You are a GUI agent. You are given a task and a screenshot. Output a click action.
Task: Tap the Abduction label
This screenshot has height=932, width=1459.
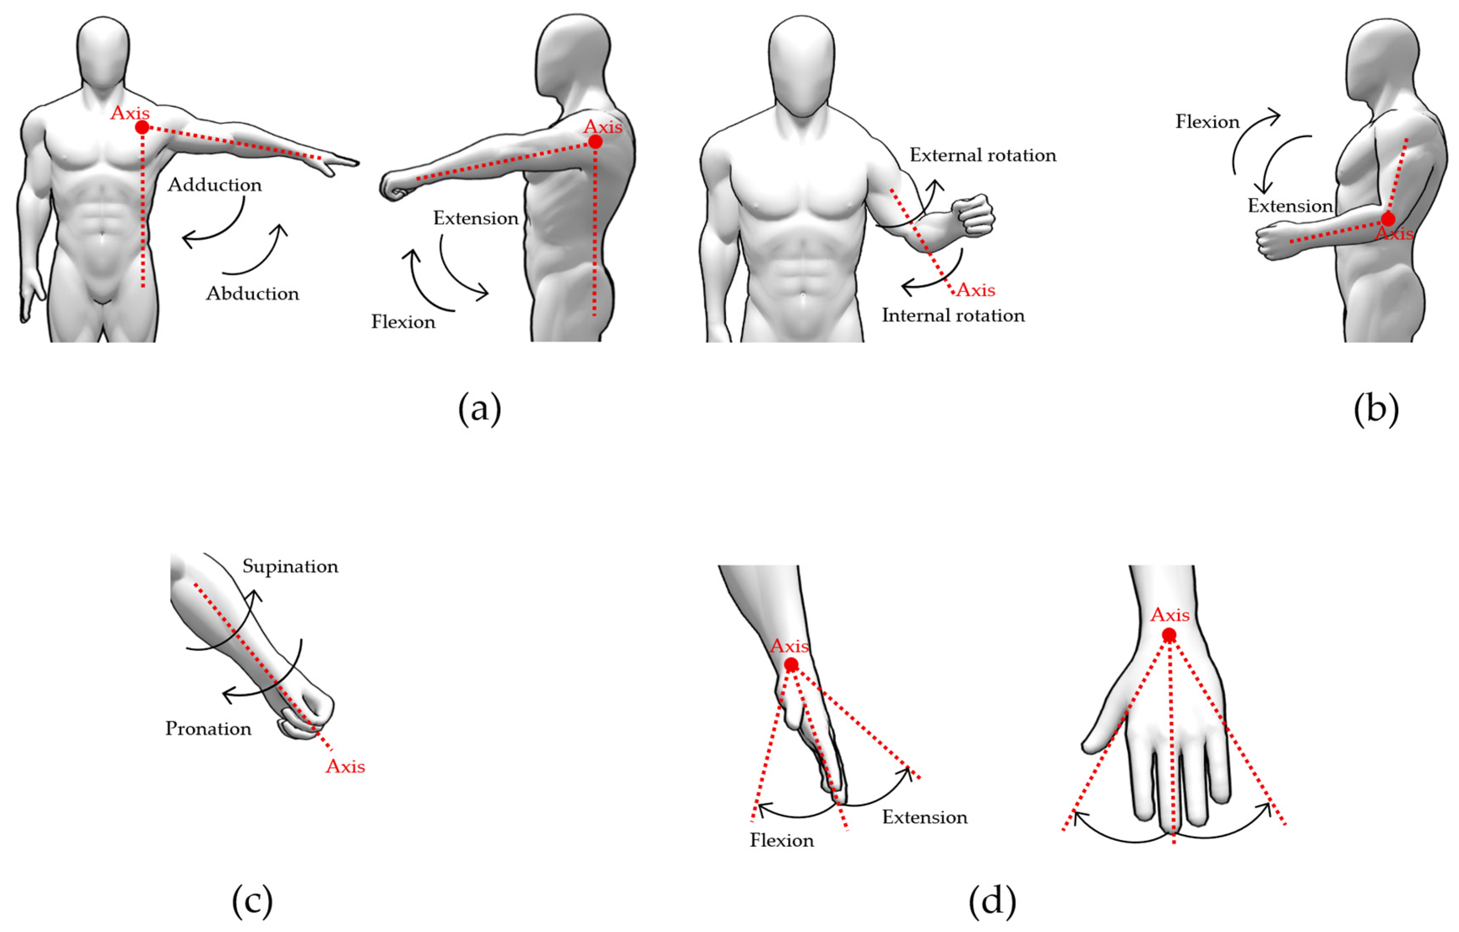pos(252,294)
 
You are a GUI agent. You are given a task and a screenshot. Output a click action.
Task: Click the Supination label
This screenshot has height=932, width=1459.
pos(290,566)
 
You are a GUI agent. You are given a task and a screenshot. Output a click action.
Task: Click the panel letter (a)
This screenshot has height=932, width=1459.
pos(479,409)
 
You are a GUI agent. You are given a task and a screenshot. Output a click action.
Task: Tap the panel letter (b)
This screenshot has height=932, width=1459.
pos(1376,409)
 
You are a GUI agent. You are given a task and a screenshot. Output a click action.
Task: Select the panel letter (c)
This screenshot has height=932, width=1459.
pos(252,901)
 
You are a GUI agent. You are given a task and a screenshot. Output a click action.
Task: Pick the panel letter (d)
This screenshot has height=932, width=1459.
pos(992,901)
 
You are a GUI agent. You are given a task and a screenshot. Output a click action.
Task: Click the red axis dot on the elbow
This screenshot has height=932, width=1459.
pos(1388,219)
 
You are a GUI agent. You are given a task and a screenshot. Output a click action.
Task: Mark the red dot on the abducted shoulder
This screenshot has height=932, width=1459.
pos(142,127)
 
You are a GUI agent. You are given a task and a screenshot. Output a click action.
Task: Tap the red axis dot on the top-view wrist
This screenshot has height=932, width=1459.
pos(1169,635)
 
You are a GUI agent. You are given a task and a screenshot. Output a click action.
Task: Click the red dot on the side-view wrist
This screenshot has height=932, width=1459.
pos(791,665)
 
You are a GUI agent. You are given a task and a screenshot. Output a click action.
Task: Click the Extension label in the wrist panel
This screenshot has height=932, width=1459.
pos(925,818)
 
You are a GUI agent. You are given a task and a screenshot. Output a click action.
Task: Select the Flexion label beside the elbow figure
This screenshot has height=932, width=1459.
pos(1207,122)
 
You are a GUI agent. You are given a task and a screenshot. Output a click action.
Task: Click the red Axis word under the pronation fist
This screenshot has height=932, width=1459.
pos(345,767)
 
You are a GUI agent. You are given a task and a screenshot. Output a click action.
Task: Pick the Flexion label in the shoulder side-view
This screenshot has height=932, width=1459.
pos(403,322)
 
